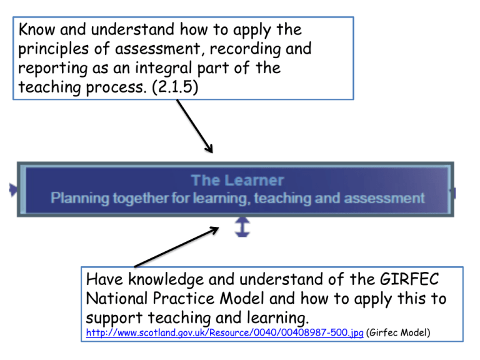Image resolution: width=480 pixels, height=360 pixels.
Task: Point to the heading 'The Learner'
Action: [237, 181]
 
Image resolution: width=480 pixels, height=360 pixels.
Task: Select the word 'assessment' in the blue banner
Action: [386, 199]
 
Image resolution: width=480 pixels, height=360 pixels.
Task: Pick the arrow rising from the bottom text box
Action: [175, 247]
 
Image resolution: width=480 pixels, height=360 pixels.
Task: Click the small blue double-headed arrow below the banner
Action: [242, 227]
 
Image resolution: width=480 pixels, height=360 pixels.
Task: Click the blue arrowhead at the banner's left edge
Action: [12, 190]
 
